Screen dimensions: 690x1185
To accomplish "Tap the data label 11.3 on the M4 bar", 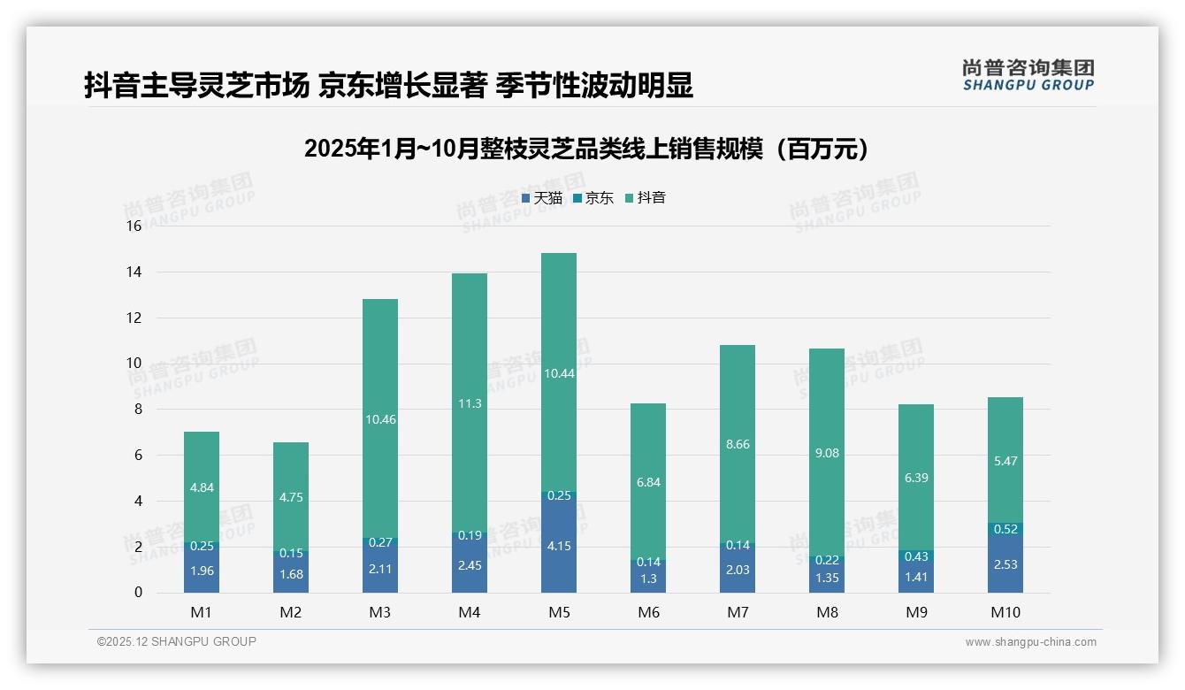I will (x=469, y=403).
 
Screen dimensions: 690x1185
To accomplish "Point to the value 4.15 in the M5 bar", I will (x=558, y=547).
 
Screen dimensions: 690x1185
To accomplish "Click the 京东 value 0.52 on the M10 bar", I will (x=1005, y=529).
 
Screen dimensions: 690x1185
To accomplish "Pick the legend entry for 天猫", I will (x=542, y=198).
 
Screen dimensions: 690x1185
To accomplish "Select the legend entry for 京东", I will (x=593, y=198).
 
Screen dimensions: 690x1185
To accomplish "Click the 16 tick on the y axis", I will (x=134, y=226).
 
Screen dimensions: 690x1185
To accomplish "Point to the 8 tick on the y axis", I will (x=137, y=410).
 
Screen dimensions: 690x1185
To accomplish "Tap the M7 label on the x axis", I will (x=737, y=612).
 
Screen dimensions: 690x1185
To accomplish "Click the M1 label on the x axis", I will (x=201, y=612).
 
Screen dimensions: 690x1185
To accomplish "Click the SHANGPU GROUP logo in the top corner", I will (x=1028, y=75).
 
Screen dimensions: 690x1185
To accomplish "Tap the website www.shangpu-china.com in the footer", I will (x=1030, y=642).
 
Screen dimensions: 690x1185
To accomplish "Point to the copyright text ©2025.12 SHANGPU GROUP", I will (x=177, y=642).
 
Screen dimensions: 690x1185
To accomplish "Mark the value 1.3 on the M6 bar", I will (x=647, y=579).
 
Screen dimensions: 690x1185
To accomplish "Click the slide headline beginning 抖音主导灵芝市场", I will (x=388, y=86).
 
